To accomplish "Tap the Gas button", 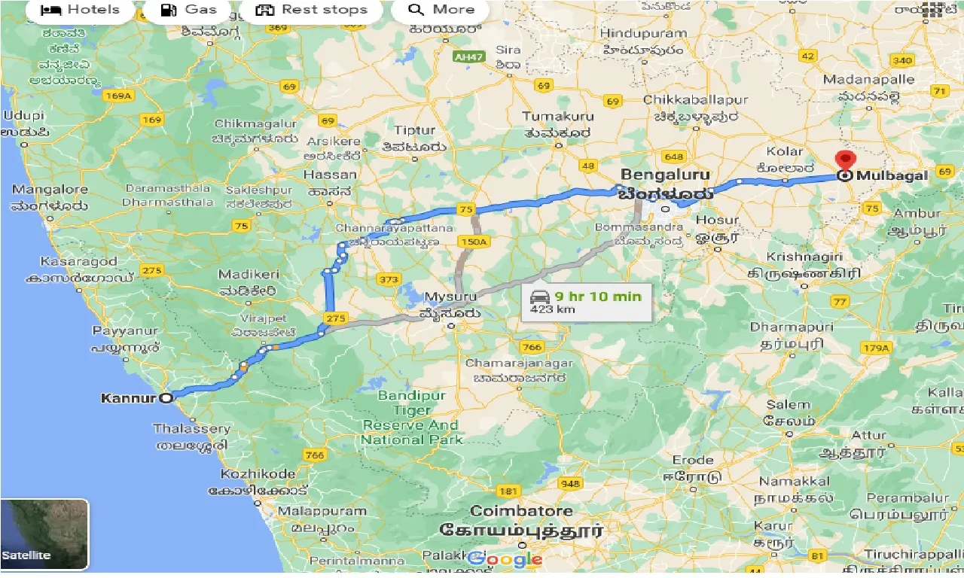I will point(188,10).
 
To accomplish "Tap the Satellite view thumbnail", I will point(44,534).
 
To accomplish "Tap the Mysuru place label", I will point(450,297).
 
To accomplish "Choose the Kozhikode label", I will point(258,474).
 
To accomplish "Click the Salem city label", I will point(789,405).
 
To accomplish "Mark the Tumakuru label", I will point(558,116).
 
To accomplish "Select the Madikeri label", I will point(248,275).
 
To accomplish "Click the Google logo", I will point(505,559).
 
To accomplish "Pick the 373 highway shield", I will point(389,280).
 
